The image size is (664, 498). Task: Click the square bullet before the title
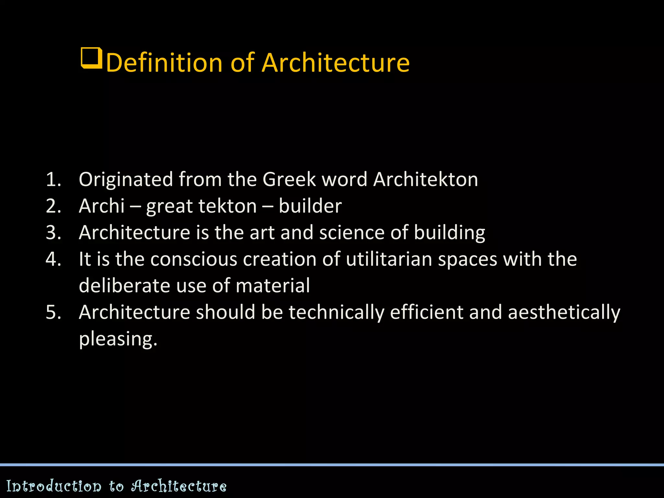(91, 58)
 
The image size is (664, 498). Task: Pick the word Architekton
(425, 179)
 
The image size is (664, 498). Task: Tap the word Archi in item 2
(101, 206)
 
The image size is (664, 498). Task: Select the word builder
(310, 206)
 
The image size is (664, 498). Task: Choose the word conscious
(194, 259)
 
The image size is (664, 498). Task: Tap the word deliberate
(124, 286)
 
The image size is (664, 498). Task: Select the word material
(273, 286)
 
